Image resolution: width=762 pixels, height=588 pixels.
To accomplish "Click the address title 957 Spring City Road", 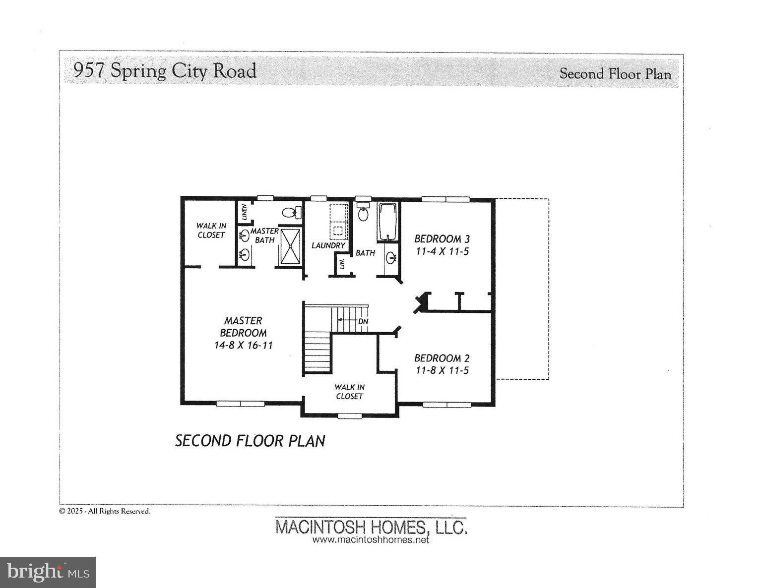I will tap(164, 71).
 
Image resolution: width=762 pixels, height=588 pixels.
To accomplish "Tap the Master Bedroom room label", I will tap(243, 327).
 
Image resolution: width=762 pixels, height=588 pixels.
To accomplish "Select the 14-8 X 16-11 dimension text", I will tap(243, 346).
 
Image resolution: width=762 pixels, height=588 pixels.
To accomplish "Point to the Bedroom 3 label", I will tap(442, 239).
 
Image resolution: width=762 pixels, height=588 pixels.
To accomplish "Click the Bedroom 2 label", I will tap(442, 358).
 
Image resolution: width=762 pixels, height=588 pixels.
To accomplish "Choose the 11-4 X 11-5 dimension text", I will tap(442, 251).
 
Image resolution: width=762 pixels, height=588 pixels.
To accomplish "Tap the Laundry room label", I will tap(328, 245).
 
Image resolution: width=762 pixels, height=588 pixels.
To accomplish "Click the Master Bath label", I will tap(264, 235).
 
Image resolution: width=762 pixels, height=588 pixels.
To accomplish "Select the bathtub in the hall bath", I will tap(387, 222).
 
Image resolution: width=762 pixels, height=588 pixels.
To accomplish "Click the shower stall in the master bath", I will tap(290, 246).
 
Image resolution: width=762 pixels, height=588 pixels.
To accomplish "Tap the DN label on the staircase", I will tap(363, 321).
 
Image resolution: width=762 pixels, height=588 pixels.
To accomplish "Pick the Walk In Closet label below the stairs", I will tap(349, 392).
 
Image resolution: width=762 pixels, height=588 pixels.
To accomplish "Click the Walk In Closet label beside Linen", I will tap(211, 231).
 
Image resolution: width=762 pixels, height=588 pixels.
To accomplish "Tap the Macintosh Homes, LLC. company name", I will tap(371, 527).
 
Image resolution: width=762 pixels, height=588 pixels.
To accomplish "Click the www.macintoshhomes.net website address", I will tap(371, 540).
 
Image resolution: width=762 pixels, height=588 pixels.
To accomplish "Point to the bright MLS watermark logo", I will tap(48, 572).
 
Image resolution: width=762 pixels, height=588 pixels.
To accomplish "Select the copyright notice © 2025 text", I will tap(105, 511).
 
